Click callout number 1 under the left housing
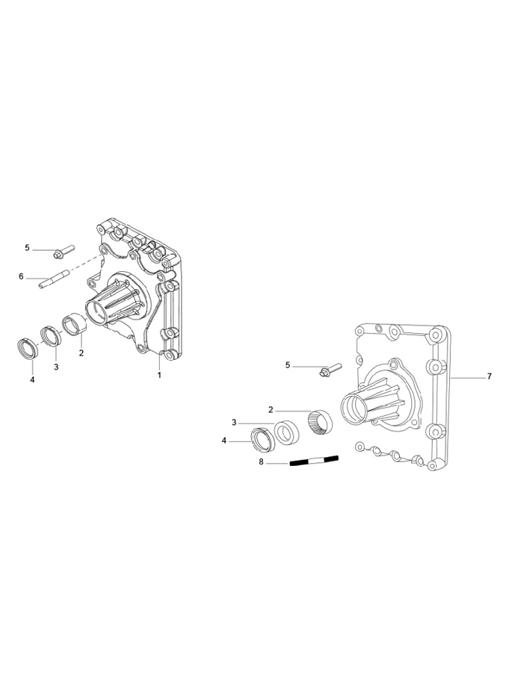(x=160, y=375)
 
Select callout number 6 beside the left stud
(x=21, y=276)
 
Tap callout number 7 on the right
(x=490, y=376)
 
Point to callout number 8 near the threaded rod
(x=261, y=461)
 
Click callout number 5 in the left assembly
(x=27, y=248)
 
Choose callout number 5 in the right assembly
(x=288, y=365)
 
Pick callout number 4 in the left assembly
(x=32, y=380)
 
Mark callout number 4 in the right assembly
(x=224, y=441)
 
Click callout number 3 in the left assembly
(x=56, y=367)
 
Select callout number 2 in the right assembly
(x=271, y=410)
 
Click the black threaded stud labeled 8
(x=315, y=461)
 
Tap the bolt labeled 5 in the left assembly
(x=64, y=252)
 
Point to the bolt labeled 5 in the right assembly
(x=330, y=370)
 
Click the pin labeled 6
(x=55, y=279)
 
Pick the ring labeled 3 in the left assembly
(x=51, y=336)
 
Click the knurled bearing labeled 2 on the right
(x=320, y=422)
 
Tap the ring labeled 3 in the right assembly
(x=287, y=433)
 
